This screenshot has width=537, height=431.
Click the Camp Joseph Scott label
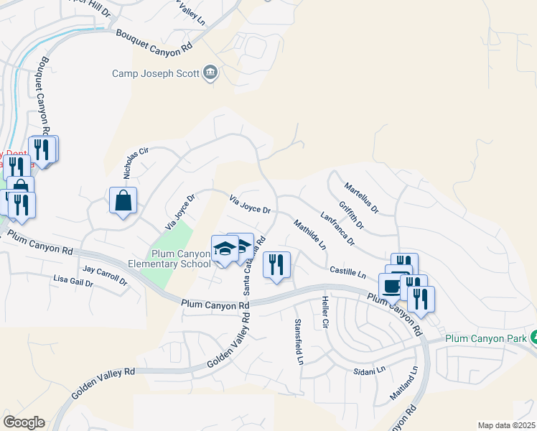coord(156,73)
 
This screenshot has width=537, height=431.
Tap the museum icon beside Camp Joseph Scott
coord(210,73)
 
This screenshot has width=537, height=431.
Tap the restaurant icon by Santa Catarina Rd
coord(276,265)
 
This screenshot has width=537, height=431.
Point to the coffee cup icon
coord(391,287)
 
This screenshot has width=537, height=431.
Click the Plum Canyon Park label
coord(487,338)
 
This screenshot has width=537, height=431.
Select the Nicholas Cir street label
coord(135,163)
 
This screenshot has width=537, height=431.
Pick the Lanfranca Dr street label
coord(337,228)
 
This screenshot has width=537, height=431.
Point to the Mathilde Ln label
coord(309,235)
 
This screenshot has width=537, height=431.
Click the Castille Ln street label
coord(348,272)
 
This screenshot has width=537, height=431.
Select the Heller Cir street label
coord(325,312)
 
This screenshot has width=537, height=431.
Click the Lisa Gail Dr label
coord(73,280)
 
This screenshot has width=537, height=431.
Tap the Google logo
coord(24,422)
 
